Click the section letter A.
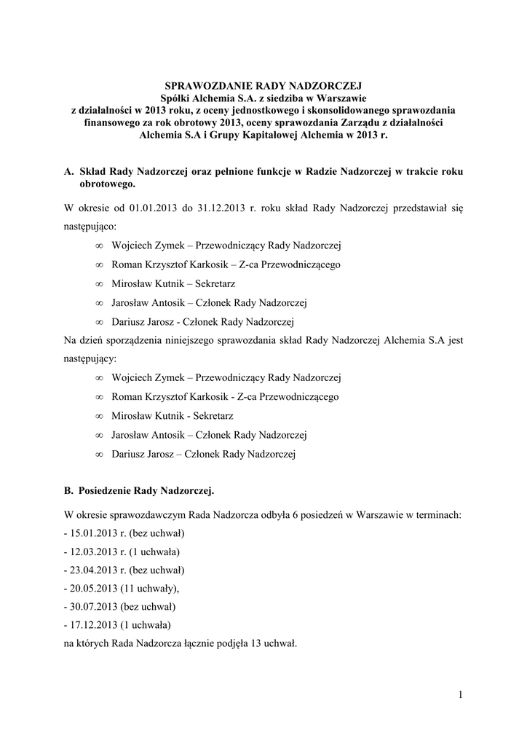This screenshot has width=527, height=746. (x=68, y=172)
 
